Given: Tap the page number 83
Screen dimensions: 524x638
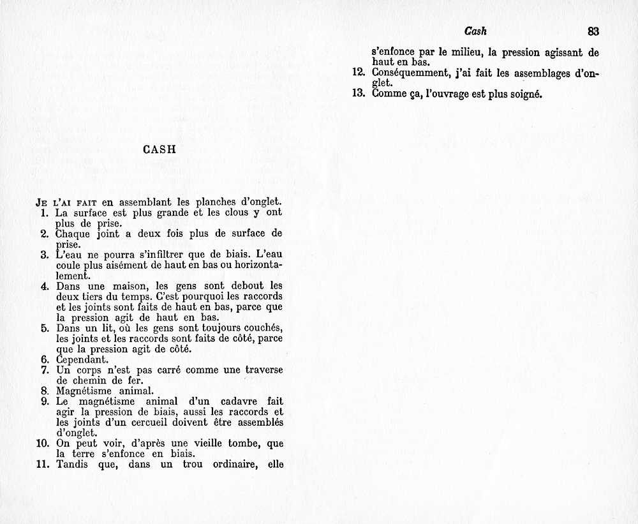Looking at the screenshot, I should click(593, 31).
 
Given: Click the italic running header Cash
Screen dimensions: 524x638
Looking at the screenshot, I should click(476, 31).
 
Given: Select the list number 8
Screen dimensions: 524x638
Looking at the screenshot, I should click(45, 391).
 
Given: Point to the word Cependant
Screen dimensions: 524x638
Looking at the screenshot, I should click(80, 359).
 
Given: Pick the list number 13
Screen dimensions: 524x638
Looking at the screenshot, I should click(358, 93).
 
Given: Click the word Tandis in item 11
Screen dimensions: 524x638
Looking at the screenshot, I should click(73, 465).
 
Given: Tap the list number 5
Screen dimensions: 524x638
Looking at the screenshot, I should click(45, 328).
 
